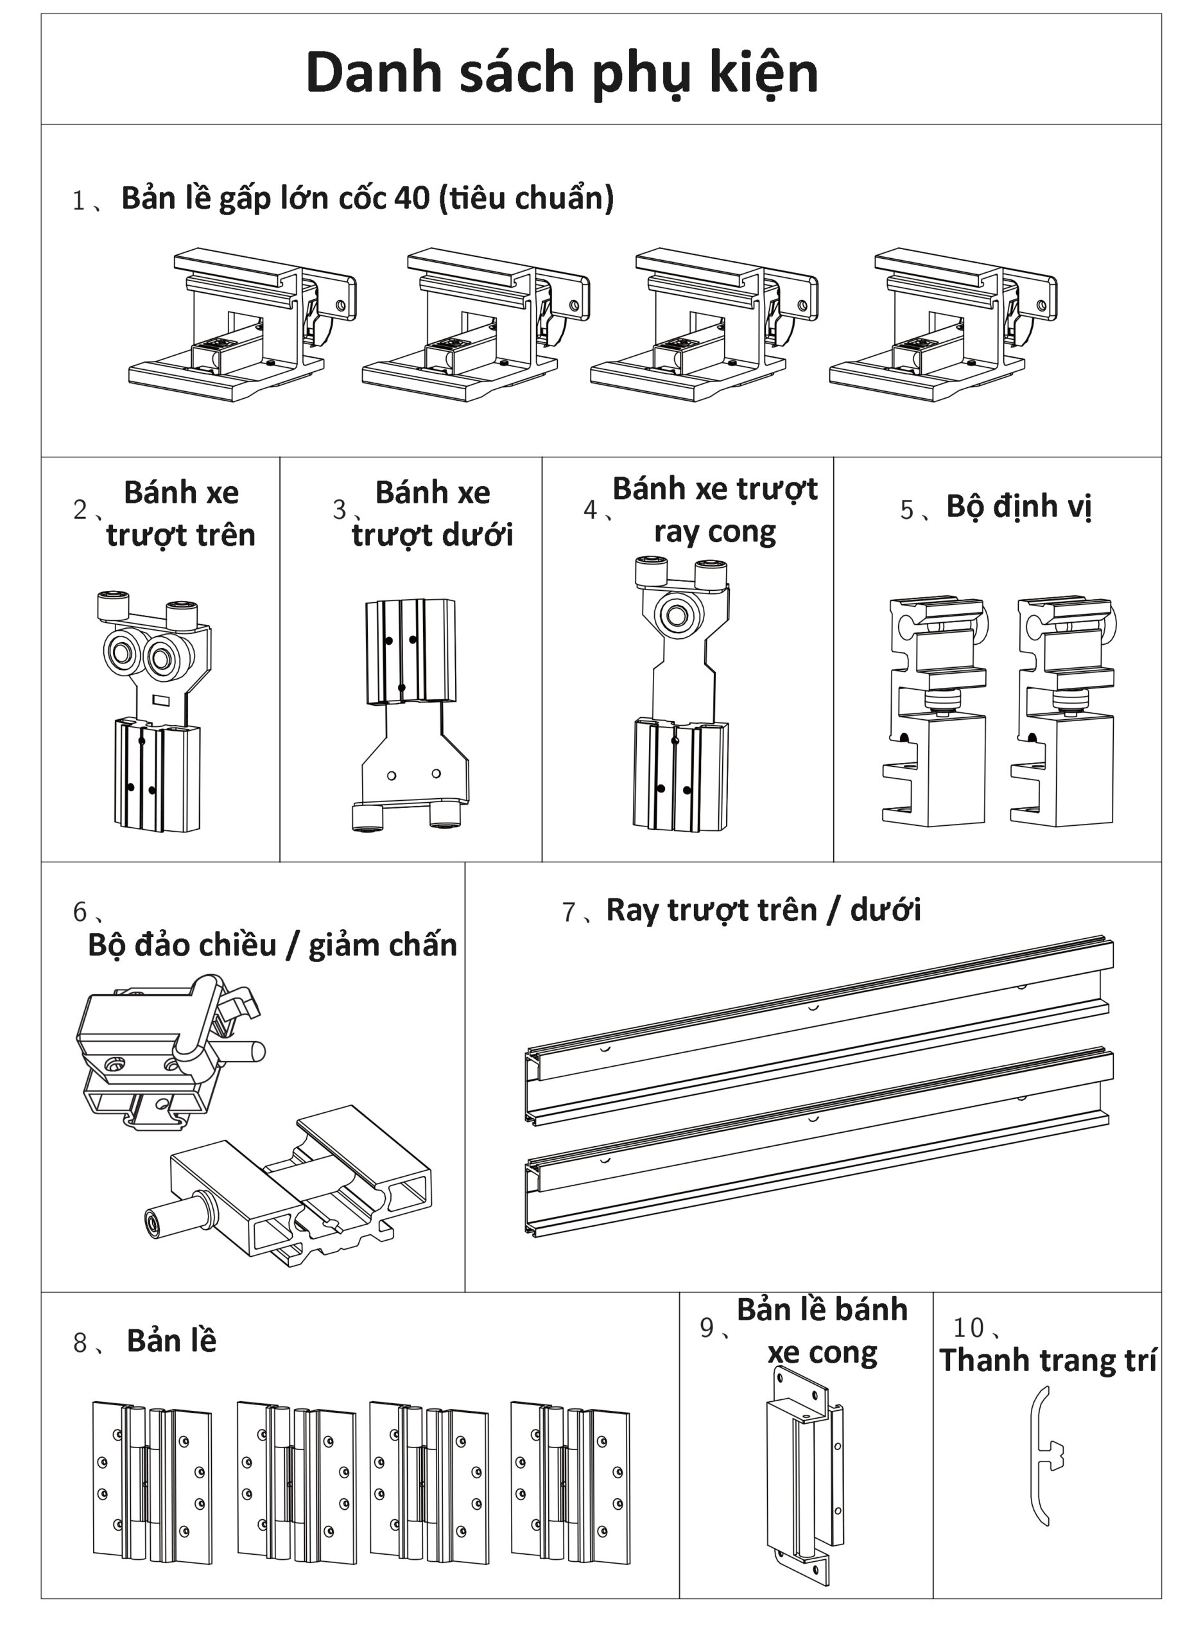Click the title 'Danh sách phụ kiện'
(562, 73)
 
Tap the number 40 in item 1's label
(411, 198)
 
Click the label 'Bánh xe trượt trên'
(180, 513)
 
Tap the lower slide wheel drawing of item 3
(413, 714)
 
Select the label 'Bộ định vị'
(1017, 506)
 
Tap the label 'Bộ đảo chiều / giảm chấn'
(272, 945)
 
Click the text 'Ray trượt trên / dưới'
(763, 910)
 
